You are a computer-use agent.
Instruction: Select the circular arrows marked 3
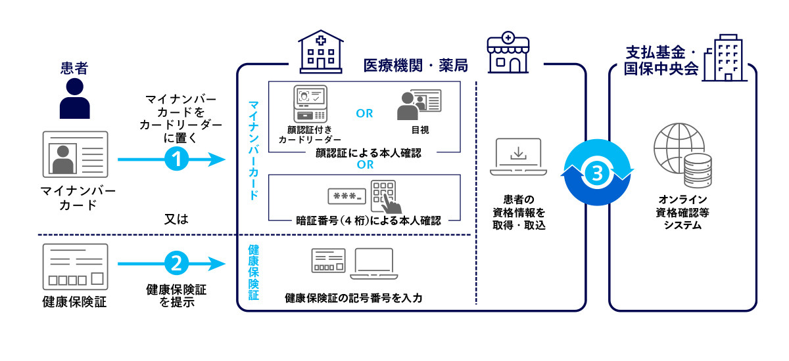click(x=596, y=173)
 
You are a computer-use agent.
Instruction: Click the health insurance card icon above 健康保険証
click(x=74, y=266)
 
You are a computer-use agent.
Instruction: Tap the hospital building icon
click(x=320, y=51)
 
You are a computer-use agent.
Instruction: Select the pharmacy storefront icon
click(x=508, y=53)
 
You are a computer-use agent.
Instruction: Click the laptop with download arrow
click(x=517, y=157)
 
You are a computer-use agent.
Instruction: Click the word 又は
click(x=176, y=219)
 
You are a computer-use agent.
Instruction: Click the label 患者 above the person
click(x=74, y=68)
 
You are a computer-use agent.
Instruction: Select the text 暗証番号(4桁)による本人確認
click(x=362, y=221)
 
